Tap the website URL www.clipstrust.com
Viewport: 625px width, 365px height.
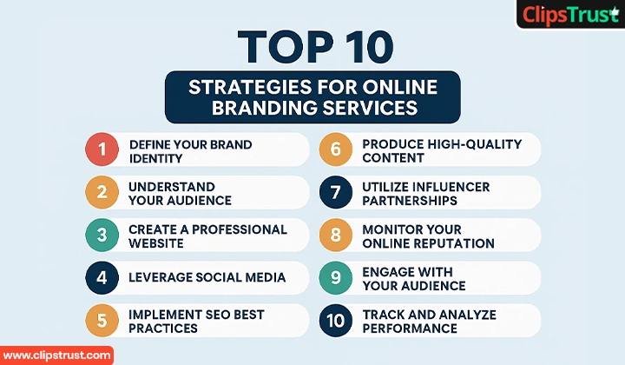click(56, 355)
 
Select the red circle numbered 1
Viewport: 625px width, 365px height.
click(102, 149)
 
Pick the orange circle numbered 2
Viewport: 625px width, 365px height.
click(102, 192)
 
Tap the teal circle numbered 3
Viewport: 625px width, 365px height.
click(102, 235)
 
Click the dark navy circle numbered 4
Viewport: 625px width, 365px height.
click(102, 278)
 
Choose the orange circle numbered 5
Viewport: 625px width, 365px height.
click(102, 321)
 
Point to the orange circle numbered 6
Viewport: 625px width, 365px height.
click(334, 149)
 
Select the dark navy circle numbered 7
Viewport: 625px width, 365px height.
click(334, 192)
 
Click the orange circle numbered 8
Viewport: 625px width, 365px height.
click(334, 235)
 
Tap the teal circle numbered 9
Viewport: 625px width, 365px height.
click(334, 278)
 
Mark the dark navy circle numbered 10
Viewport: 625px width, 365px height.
click(334, 321)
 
